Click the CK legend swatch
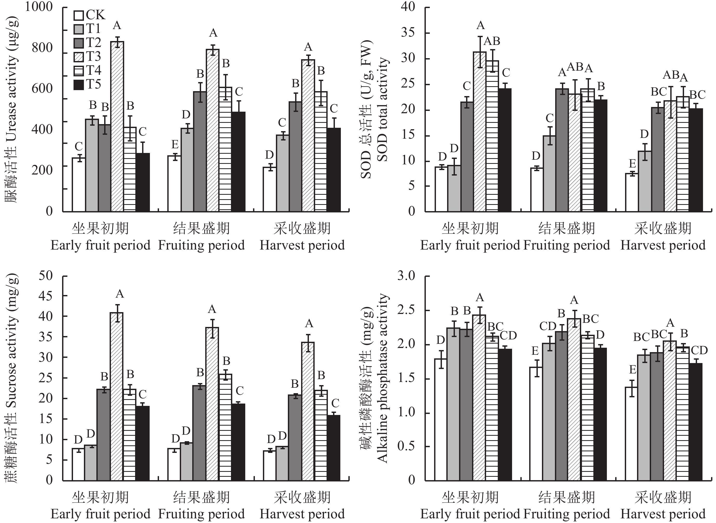click(78, 15)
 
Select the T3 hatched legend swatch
click(78, 57)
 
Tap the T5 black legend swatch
click(78, 85)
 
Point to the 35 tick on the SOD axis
click(408, 33)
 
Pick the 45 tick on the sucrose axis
click(45, 296)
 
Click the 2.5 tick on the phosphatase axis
click(406, 310)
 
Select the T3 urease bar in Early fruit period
click(117, 127)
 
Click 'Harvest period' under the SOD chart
click(663, 245)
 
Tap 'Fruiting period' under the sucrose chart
click(201, 514)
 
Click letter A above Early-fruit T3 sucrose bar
click(120, 294)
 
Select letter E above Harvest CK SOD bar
click(632, 164)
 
